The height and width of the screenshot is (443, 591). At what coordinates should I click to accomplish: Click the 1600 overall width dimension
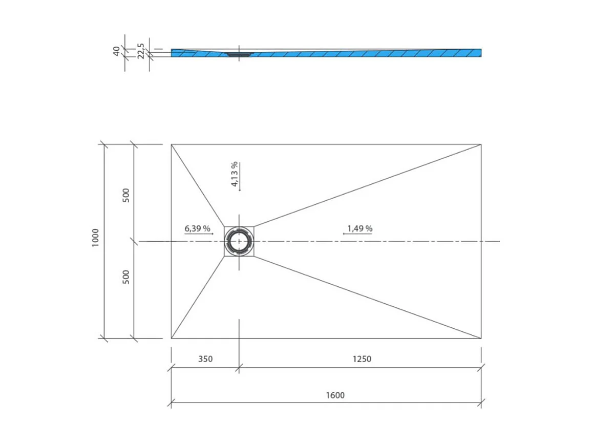[334, 395]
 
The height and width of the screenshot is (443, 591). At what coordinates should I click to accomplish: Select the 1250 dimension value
[362, 359]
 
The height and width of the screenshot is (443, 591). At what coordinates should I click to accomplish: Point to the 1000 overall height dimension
[95, 237]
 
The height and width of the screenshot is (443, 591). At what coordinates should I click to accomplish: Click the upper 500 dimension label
[126, 195]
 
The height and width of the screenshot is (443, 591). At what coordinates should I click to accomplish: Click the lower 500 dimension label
[126, 277]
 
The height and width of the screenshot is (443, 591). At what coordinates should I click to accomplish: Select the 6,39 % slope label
[198, 228]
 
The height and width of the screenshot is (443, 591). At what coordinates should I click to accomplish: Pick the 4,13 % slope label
[234, 174]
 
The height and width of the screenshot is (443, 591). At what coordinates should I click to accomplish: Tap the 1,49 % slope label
[360, 228]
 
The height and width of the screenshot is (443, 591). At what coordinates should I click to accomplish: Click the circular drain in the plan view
[239, 241]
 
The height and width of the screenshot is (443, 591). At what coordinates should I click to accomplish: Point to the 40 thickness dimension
[117, 51]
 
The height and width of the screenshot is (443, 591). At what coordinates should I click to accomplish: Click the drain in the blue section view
[237, 53]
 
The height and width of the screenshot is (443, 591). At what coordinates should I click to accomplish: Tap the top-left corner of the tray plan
[172, 144]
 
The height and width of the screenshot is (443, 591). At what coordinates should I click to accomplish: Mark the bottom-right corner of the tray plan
[481, 338]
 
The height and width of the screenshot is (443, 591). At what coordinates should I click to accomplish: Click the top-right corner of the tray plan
[481, 144]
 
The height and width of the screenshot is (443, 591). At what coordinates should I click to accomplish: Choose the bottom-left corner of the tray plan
[172, 338]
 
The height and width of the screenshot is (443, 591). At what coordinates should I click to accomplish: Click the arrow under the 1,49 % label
[357, 234]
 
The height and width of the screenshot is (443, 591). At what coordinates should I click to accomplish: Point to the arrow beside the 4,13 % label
[240, 176]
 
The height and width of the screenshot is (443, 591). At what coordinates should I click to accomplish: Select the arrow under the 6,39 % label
[199, 234]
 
